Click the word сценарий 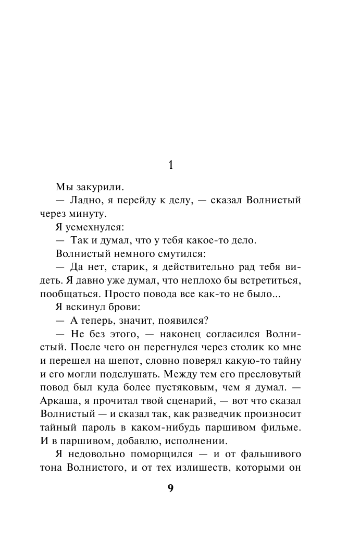coord(188,402)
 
